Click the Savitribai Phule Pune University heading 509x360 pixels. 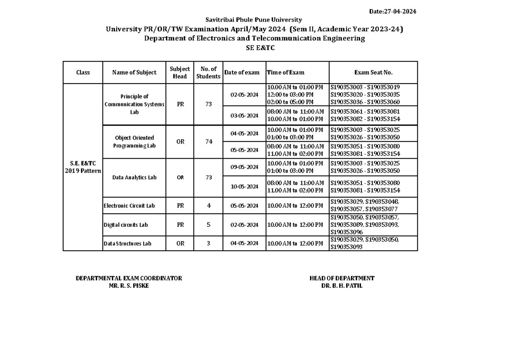tap(254, 20)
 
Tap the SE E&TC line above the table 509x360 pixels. tap(255, 48)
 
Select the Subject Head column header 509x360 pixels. tap(180, 73)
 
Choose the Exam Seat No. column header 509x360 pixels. tap(373, 73)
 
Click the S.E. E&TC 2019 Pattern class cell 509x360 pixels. tap(83, 167)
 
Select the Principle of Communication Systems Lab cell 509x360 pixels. tap(134, 105)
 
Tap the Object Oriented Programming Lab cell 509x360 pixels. tap(134, 142)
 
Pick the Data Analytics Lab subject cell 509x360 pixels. tap(134, 178)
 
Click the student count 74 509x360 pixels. tap(208, 142)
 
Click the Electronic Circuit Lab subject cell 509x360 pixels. tap(129, 206)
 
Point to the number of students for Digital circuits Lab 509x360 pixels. tap(208, 225)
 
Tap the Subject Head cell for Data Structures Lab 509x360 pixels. tap(180, 243)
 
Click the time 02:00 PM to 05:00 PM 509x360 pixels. tap(290, 102)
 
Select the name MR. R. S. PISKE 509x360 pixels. tap(129, 286)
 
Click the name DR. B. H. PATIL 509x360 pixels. tap(341, 286)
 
